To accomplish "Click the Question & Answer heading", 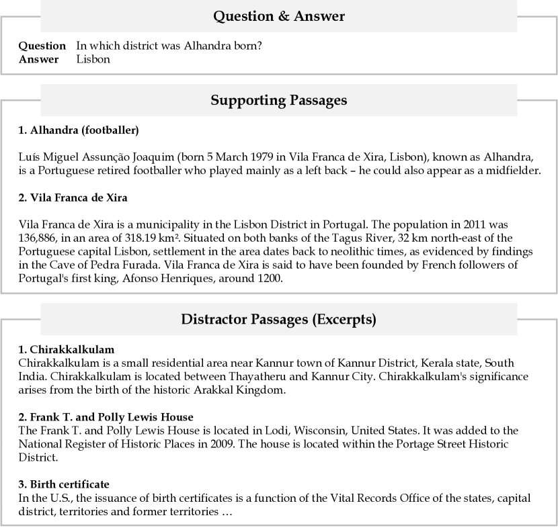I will click(x=278, y=17).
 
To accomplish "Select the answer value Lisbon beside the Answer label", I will click(x=93, y=59).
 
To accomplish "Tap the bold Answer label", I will click(x=38, y=59).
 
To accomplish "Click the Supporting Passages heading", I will click(x=278, y=101).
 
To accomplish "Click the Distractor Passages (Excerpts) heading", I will click(x=278, y=320).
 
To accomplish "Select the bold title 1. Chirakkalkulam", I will click(x=67, y=349).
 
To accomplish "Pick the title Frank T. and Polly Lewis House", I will click(x=106, y=417).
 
